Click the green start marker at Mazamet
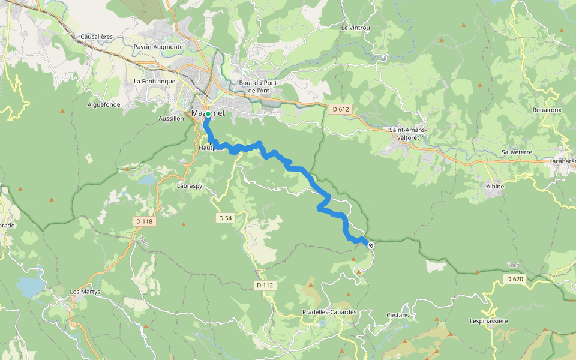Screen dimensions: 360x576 coord(208,113)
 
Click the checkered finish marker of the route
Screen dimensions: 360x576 coord(371,245)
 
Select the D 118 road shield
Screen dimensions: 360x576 coord(145,221)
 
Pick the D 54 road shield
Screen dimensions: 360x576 coord(225,218)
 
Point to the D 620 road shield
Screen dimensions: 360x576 coord(515,279)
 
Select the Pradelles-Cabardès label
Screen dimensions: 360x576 coord(329,312)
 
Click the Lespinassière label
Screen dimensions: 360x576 coord(489,321)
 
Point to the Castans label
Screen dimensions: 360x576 coord(397,315)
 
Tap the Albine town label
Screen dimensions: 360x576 coord(495,187)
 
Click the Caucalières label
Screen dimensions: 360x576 coord(97,37)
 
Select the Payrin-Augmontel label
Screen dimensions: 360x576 coord(159,46)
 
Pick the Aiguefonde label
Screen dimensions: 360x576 coord(104,104)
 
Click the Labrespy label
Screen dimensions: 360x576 coord(190,186)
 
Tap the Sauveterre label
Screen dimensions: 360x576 coord(517,152)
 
